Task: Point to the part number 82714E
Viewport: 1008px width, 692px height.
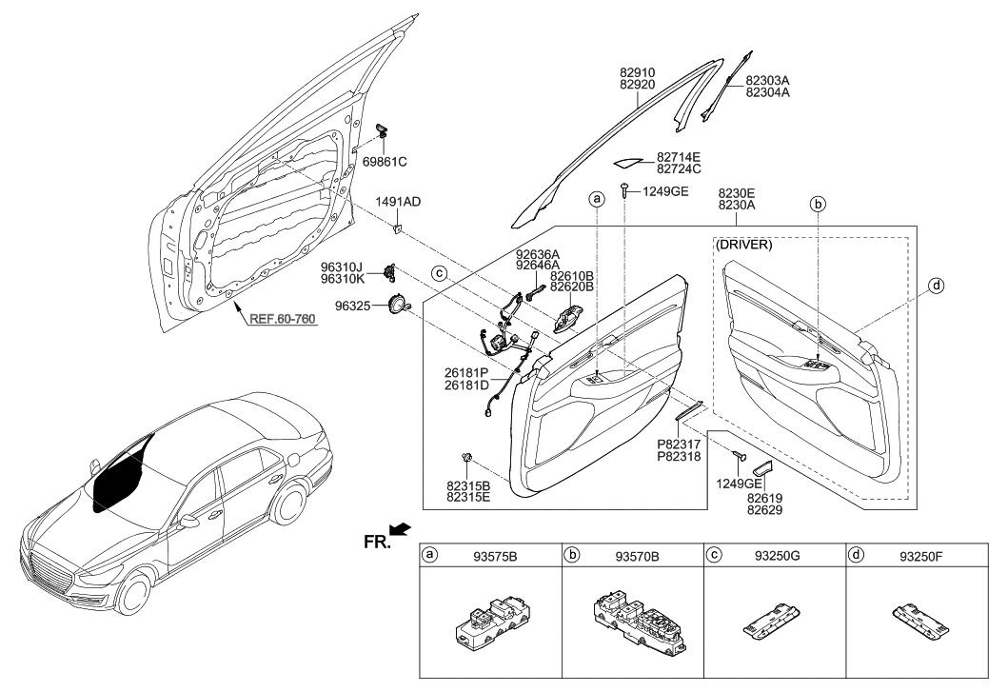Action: pyautogui.click(x=678, y=157)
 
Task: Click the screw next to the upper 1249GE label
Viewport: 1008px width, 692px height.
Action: pyautogui.click(x=623, y=190)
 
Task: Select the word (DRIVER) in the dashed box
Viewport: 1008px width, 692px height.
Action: pyautogui.click(x=743, y=245)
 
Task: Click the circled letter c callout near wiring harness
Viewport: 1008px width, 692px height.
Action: pyautogui.click(x=440, y=273)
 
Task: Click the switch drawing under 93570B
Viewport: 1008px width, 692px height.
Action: pyautogui.click(x=632, y=623)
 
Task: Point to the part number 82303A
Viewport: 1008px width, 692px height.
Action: pyautogui.click(x=767, y=81)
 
